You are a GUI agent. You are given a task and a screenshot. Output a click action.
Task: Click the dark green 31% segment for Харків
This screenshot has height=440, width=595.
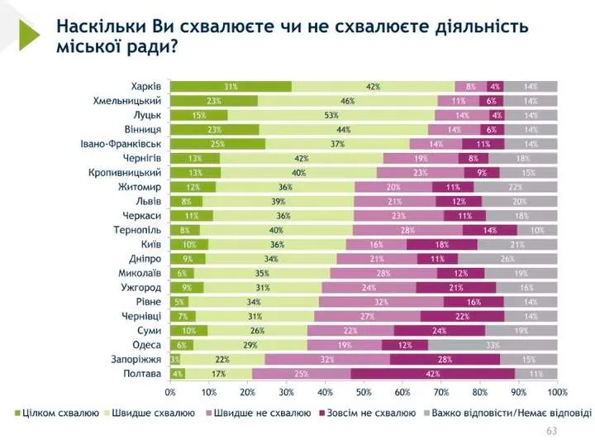tap(231, 86)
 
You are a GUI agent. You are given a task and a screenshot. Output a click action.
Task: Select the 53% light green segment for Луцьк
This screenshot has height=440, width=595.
tap(331, 115)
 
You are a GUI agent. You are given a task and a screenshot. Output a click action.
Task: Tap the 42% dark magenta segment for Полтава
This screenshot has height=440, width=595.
tap(432, 374)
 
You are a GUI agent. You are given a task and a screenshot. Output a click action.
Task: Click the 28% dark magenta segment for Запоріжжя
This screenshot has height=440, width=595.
tap(445, 360)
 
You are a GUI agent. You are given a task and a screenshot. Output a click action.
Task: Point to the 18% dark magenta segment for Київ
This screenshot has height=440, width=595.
tap(441, 245)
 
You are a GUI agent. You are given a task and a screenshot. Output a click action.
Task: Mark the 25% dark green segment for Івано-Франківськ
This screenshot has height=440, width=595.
tap(218, 144)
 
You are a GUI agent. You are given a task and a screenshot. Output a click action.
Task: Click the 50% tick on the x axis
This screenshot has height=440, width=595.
tap(364, 391)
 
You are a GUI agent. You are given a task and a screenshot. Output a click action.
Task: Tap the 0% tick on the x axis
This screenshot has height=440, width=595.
tap(170, 391)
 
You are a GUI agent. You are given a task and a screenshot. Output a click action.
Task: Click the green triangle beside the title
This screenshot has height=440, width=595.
tap(28, 34)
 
